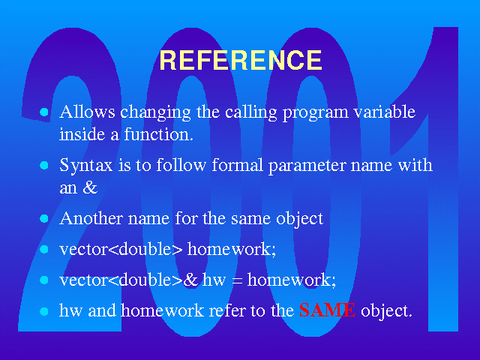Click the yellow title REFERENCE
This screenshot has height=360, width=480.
241,60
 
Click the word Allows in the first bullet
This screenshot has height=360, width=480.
87,112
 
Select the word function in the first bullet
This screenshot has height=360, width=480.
158,134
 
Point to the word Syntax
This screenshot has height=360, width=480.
86,166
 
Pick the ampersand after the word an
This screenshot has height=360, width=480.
90,187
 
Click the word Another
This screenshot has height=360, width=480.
91,218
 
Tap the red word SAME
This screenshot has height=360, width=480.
327,310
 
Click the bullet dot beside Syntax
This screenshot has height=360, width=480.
44,166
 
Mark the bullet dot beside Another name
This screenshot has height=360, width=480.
44,218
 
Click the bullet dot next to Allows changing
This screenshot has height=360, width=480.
44,112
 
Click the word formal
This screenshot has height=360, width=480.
238,165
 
